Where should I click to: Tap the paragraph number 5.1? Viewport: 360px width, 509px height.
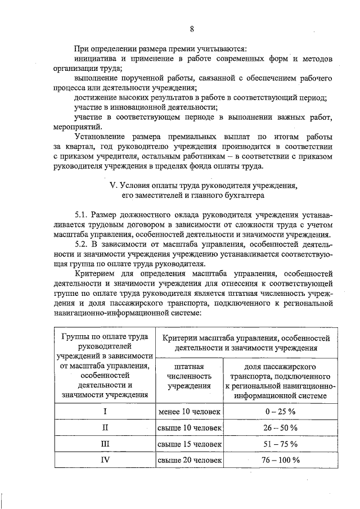[82, 214]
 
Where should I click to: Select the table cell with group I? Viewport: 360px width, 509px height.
[105, 411]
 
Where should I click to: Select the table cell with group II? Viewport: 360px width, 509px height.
[105, 427]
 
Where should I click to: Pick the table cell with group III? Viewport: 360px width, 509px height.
[105, 444]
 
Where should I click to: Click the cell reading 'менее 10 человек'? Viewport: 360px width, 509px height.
[190, 411]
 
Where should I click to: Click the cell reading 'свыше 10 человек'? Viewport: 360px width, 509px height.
[190, 427]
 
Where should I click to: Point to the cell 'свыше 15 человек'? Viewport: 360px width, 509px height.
[190, 444]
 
